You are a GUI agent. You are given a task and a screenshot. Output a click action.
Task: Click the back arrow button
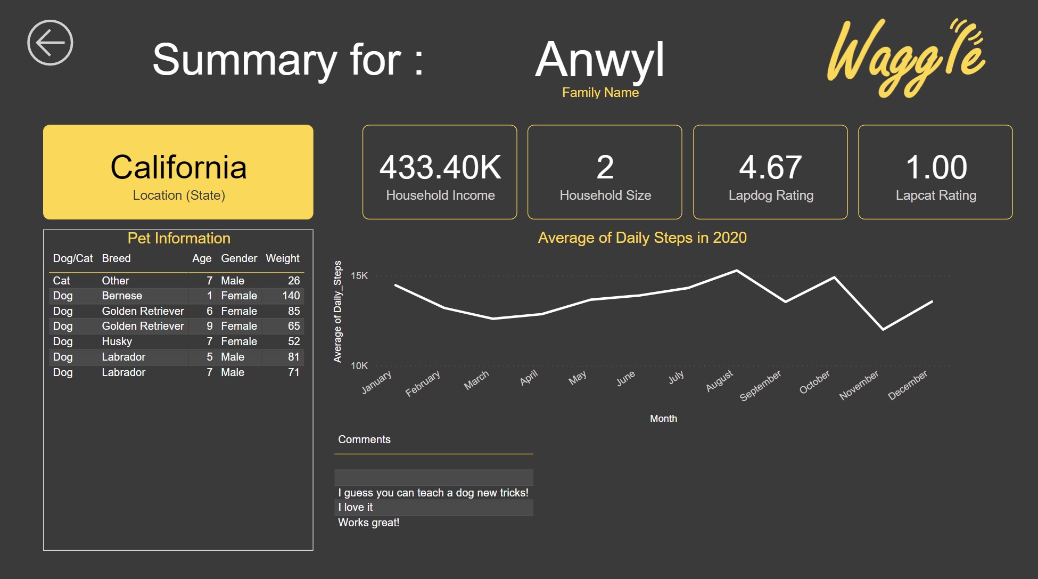50,43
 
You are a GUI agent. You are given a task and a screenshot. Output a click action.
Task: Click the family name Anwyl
600,60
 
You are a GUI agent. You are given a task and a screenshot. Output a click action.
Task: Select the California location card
178,172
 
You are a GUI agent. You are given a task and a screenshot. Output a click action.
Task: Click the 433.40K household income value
440,167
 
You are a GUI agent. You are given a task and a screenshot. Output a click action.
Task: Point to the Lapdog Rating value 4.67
770,167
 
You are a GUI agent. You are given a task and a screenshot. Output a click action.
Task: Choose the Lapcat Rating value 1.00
936,167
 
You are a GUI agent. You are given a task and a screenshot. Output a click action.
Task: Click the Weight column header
282,258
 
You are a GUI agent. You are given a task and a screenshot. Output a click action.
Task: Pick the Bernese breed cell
122,296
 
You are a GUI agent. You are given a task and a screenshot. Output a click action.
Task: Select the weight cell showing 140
291,296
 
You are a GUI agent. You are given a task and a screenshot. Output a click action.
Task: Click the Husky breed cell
117,341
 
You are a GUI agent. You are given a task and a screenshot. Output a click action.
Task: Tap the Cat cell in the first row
61,281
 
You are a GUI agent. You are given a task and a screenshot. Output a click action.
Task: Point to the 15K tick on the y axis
359,276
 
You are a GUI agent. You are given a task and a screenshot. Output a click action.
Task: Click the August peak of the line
737,271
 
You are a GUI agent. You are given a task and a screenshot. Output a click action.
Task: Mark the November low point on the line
883,329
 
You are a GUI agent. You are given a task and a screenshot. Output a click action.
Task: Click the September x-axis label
760,385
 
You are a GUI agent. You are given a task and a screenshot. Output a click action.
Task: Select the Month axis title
663,419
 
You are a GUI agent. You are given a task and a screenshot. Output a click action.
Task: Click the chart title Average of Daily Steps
642,238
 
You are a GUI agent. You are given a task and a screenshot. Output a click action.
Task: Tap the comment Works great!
368,523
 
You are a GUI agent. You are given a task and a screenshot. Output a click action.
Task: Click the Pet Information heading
179,238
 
